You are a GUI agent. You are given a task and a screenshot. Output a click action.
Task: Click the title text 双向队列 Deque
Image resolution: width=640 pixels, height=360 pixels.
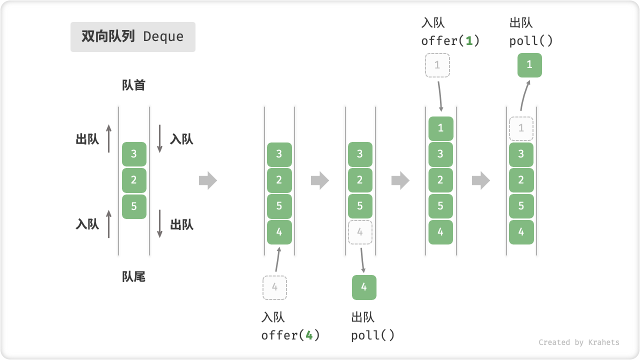(x=132, y=37)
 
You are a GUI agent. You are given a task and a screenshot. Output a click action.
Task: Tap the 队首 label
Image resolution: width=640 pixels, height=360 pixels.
(x=133, y=85)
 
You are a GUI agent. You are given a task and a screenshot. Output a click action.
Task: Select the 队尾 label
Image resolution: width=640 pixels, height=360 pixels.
(x=133, y=276)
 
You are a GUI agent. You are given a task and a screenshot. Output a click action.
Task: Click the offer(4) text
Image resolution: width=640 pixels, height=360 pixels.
(x=290, y=335)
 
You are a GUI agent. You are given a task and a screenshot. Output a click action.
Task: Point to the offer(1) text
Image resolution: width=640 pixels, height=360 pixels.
(x=450, y=41)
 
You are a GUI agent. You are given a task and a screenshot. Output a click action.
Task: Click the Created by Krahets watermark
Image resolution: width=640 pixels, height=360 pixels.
(x=578, y=342)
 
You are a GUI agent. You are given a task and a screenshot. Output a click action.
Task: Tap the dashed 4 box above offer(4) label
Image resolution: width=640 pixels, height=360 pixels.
(x=274, y=287)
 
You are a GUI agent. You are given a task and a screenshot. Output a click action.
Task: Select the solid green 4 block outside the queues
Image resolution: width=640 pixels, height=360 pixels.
(x=364, y=287)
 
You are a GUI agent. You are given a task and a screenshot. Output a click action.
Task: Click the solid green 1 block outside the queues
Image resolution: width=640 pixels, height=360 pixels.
(x=529, y=65)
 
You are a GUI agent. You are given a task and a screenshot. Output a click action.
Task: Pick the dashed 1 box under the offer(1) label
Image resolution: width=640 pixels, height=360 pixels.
(x=437, y=65)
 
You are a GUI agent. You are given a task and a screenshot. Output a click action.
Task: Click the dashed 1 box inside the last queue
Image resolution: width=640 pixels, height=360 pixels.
(x=521, y=128)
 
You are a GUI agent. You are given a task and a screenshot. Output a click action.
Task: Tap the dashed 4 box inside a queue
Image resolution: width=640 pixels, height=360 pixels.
(x=360, y=232)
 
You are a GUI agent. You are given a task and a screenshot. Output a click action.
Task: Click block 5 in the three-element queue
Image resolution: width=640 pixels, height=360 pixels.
(x=134, y=206)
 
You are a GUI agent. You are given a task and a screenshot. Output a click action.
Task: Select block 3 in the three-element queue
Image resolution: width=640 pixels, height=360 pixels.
(x=134, y=154)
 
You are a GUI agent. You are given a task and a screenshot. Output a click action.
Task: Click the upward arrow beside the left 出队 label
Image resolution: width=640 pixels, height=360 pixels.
(x=109, y=139)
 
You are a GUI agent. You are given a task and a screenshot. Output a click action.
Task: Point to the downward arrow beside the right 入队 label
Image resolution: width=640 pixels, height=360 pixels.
(x=160, y=139)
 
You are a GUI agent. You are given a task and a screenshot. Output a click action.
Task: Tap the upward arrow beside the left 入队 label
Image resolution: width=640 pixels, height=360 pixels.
(x=109, y=223)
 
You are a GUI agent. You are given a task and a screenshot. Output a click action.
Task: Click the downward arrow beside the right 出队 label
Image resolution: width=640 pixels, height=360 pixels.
(x=160, y=223)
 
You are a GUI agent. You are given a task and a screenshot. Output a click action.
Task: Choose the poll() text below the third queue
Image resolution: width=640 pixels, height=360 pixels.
(x=373, y=335)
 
